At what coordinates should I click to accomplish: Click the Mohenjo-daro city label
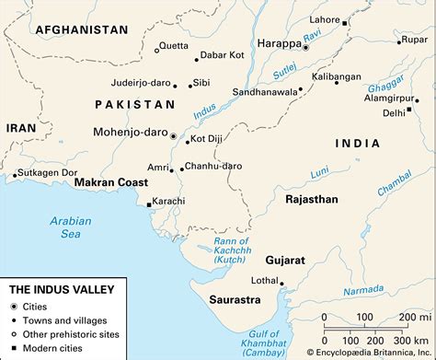(x=130, y=132)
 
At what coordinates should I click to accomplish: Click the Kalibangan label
(x=333, y=76)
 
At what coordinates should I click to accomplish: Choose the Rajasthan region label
(x=312, y=199)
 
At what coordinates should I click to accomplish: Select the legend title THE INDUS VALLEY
(x=61, y=288)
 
